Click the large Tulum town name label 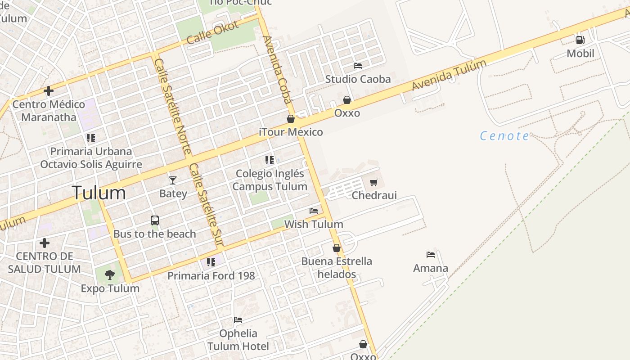coord(99,193)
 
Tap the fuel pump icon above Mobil coord(580,40)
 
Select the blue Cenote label coord(504,135)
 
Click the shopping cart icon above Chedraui coord(373,182)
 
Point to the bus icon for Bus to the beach coord(155,220)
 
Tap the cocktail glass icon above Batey coord(173,180)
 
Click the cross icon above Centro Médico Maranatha coord(49,91)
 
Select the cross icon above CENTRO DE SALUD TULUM coord(45,243)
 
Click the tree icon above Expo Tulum coord(110,274)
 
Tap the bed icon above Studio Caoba coord(358,66)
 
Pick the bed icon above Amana coord(431,255)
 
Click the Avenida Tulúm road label coord(449,75)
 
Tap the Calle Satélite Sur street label coord(206,205)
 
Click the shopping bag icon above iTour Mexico coord(291,119)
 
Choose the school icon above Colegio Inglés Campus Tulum coord(270,160)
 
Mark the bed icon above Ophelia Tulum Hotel coord(238,320)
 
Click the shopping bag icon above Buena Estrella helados coord(337,248)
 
